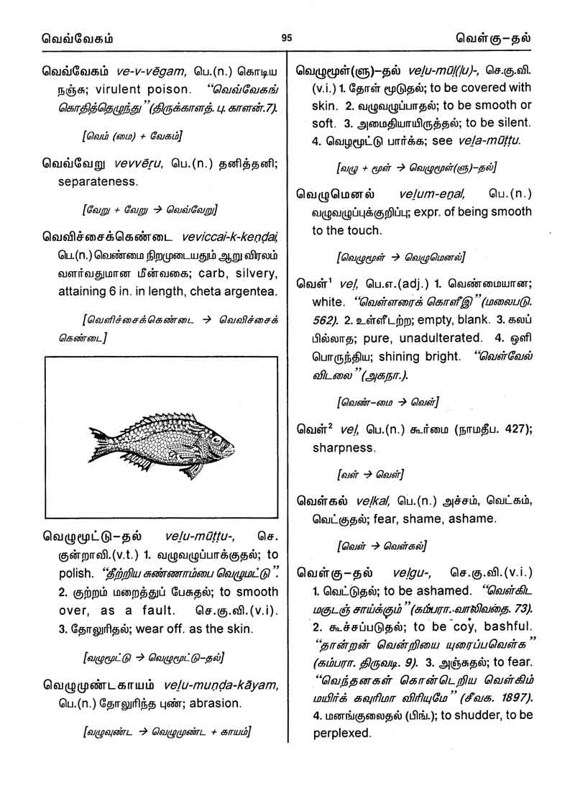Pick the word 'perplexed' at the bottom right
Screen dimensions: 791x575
pos(341,734)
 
